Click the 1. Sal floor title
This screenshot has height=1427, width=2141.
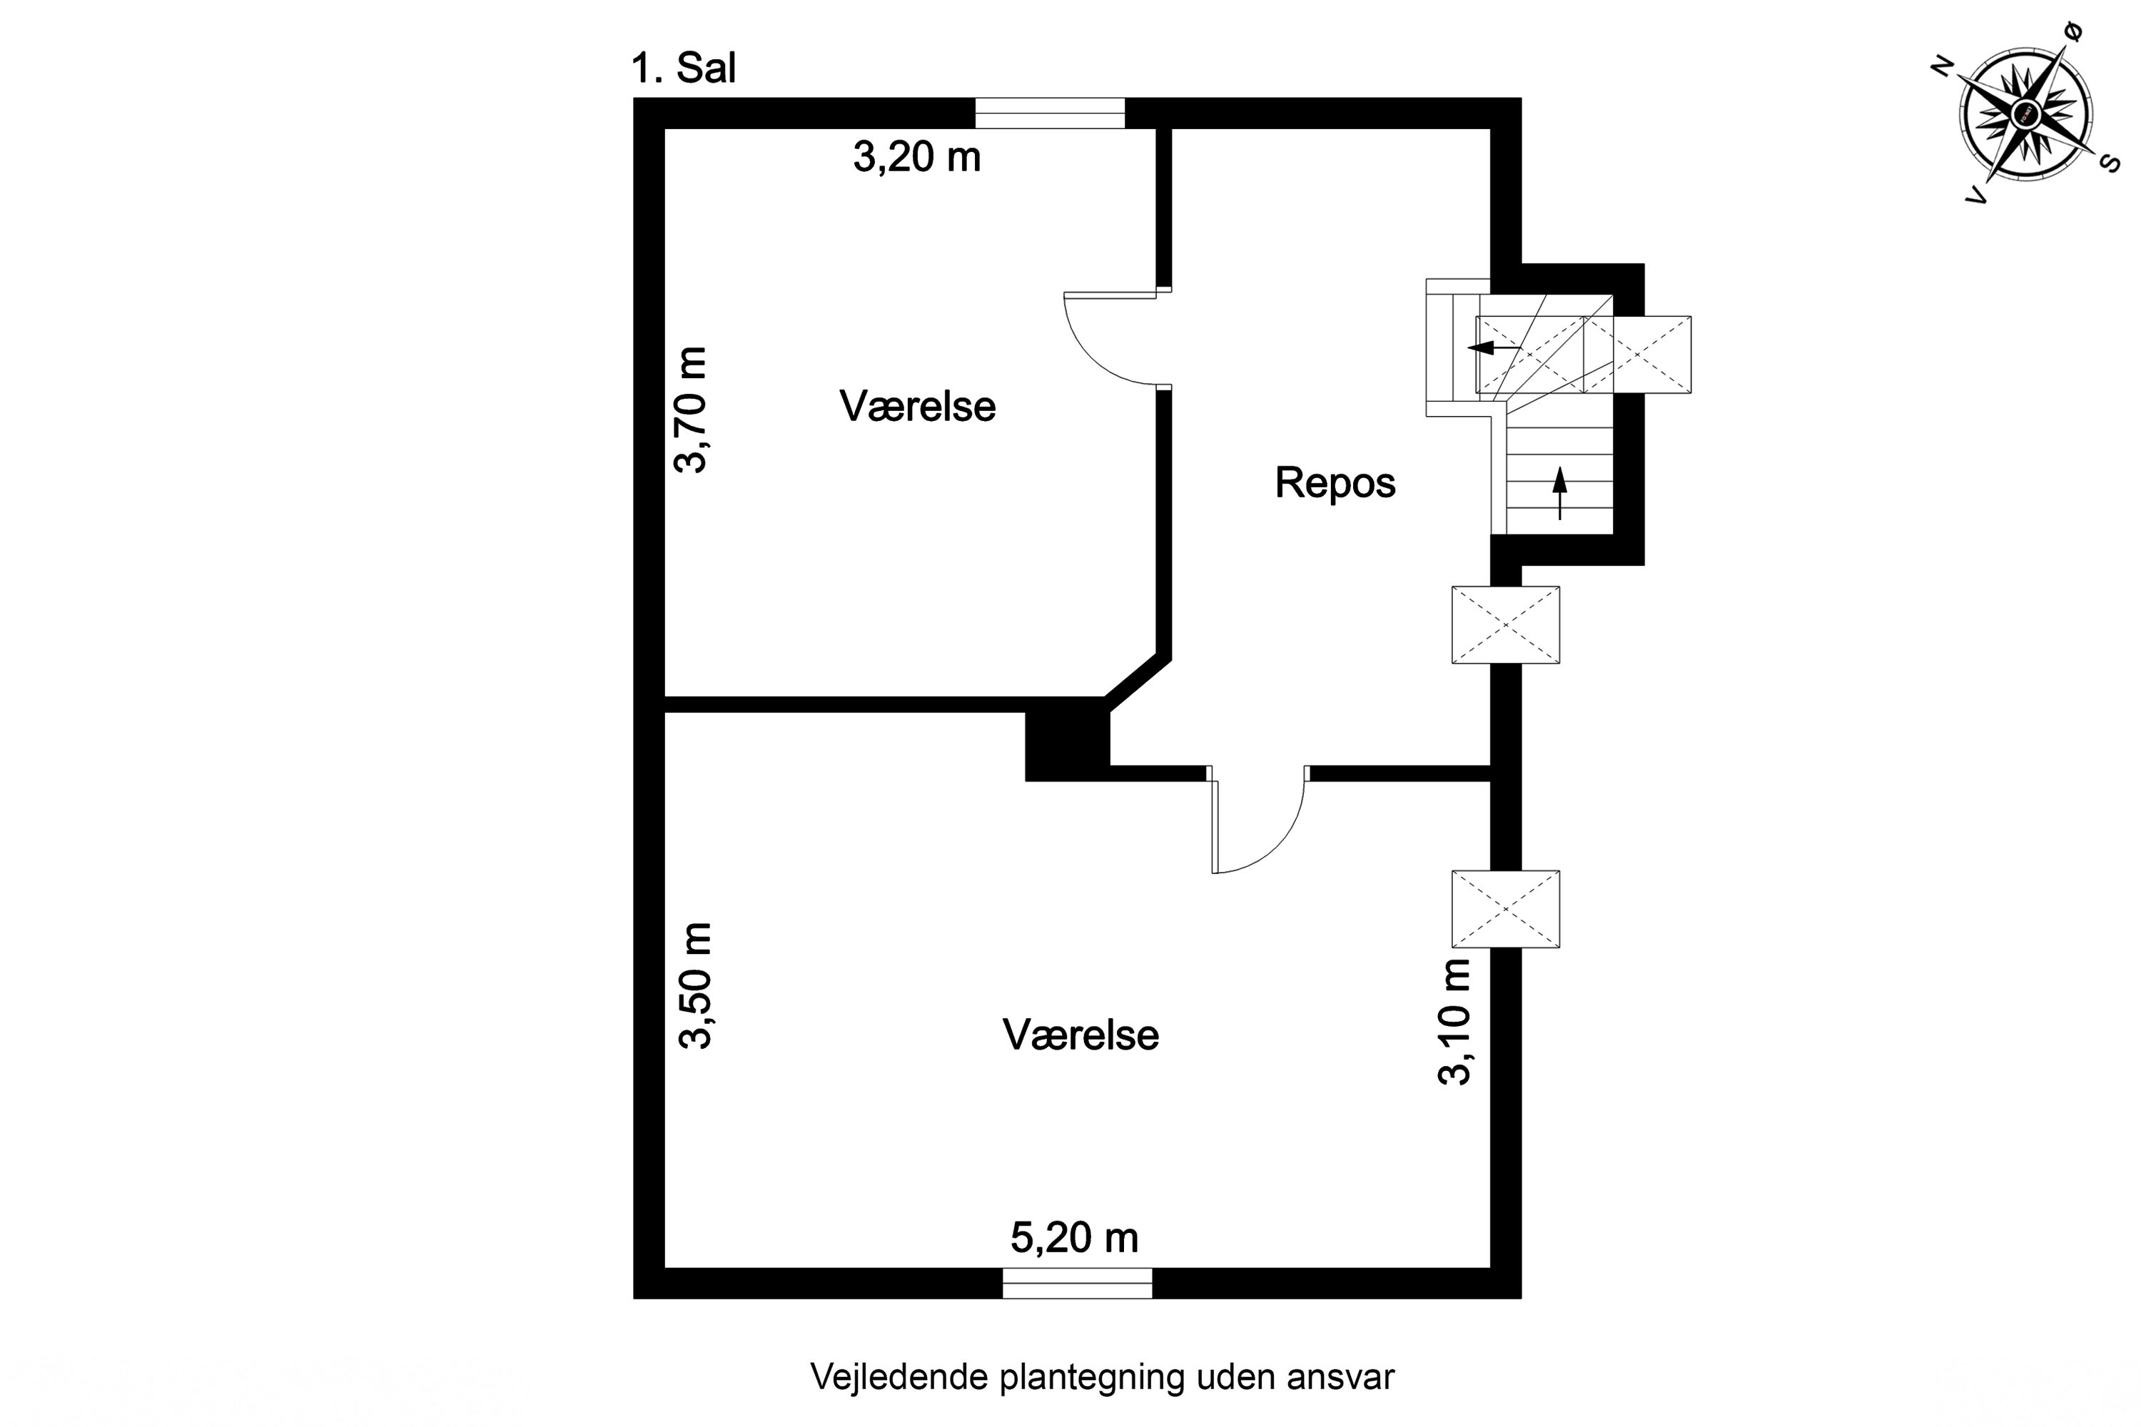pyautogui.click(x=683, y=68)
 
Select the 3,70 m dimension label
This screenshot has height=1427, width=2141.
pyautogui.click(x=691, y=410)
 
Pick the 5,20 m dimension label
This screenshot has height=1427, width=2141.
pyautogui.click(x=1074, y=1238)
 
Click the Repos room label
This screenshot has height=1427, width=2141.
pyautogui.click(x=1335, y=482)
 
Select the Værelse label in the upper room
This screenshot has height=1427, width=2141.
pyautogui.click(x=916, y=406)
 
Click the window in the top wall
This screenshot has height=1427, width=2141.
pyautogui.click(x=1050, y=113)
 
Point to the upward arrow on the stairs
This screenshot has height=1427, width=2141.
pyautogui.click(x=1560, y=492)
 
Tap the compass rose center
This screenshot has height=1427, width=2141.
pyautogui.click(x=2025, y=113)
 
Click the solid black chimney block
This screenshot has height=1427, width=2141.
pyautogui.click(x=1067, y=744)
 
